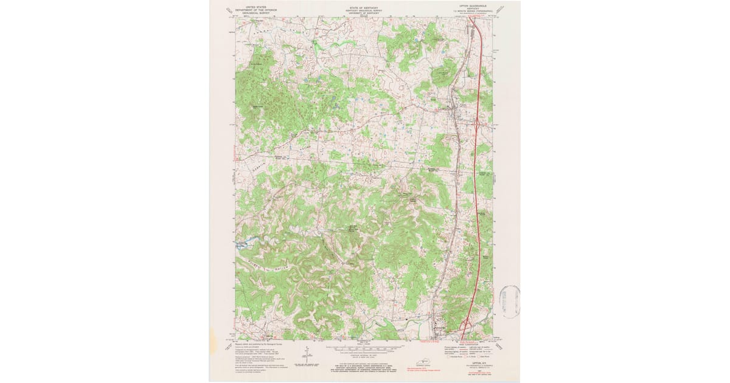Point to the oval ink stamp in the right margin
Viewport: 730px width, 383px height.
pos(509,302)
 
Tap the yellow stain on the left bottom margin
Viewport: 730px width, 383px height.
pos(212,334)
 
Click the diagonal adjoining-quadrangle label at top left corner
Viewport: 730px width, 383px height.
pos(229,10)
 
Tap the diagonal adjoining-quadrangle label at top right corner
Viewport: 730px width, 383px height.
pos(501,10)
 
